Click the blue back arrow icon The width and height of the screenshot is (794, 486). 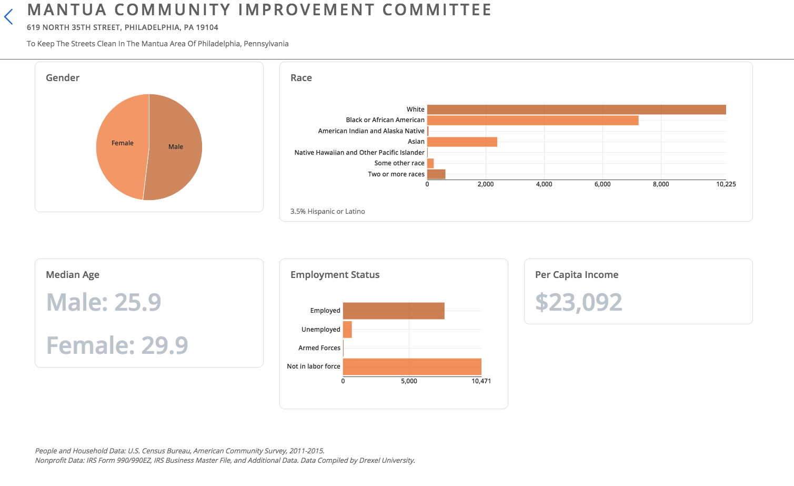tap(8, 17)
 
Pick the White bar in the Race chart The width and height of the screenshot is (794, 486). tap(576, 110)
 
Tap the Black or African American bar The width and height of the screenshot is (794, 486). tap(532, 121)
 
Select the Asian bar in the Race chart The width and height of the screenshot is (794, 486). tap(462, 142)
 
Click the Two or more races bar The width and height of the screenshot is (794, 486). tap(436, 174)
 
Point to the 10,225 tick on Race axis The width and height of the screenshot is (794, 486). tap(726, 184)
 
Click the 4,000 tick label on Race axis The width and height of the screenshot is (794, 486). tap(544, 184)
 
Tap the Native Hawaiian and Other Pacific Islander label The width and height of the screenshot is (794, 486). tap(359, 153)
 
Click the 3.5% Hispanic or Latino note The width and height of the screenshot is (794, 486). tap(327, 212)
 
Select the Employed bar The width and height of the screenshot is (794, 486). tap(394, 311)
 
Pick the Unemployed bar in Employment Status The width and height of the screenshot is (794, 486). tap(347, 330)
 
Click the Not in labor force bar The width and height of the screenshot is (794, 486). tap(412, 366)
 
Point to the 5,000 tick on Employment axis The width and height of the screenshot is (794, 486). tap(409, 381)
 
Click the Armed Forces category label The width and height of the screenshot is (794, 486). tap(319, 348)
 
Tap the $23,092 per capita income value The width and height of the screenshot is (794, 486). tap(578, 302)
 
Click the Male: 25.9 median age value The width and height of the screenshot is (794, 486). tap(104, 302)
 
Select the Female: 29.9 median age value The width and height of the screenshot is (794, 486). tap(117, 345)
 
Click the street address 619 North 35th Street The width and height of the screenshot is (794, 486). tap(122, 27)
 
